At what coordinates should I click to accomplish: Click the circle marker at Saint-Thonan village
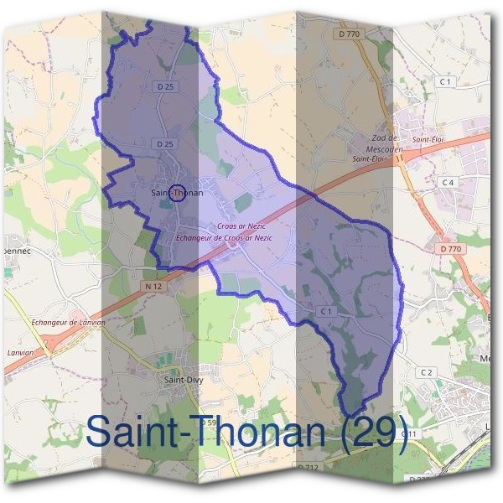(177, 193)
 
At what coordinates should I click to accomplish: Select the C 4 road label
(448, 182)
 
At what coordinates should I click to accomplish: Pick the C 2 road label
(427, 372)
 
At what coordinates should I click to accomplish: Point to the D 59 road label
(210, 423)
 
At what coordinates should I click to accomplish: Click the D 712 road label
(308, 466)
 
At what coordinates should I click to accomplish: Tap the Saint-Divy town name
(183, 379)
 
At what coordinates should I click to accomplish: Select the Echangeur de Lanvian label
(67, 322)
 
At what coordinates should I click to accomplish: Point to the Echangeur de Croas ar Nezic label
(225, 238)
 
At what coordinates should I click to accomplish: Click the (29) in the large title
(375, 432)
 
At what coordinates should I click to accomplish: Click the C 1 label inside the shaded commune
(327, 311)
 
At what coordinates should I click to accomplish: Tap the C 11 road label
(408, 433)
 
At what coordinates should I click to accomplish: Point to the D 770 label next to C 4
(450, 249)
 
